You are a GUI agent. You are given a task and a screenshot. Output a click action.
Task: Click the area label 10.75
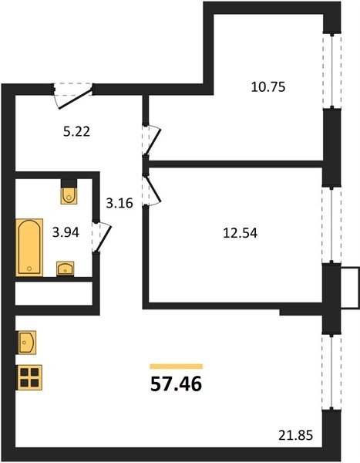click(268, 87)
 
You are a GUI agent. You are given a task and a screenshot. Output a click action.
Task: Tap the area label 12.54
click(241, 233)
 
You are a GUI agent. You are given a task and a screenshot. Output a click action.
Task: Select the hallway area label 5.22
click(77, 131)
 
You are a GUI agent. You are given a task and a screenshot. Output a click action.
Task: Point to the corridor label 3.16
click(119, 203)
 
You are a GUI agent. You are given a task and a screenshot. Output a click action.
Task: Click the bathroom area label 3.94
click(66, 232)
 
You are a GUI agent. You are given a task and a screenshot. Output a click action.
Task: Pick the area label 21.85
click(296, 435)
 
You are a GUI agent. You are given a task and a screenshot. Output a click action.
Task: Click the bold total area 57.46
click(177, 384)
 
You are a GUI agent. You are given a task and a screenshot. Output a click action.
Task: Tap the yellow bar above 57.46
click(177, 367)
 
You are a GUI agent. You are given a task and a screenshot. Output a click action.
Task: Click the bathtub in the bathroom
click(29, 248)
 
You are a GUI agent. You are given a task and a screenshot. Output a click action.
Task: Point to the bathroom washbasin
click(66, 269)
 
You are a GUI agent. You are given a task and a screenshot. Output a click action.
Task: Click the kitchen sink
click(27, 343)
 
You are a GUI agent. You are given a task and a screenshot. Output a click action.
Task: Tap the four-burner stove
click(30, 377)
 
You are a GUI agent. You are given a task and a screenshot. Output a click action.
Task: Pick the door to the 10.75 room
click(154, 141)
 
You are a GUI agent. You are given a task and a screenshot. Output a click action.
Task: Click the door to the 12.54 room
click(154, 189)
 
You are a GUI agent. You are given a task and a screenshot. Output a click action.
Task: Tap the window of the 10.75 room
click(332, 70)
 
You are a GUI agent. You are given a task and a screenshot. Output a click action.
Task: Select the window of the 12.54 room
click(331, 225)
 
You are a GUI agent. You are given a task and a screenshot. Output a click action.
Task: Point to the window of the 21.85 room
click(331, 372)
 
